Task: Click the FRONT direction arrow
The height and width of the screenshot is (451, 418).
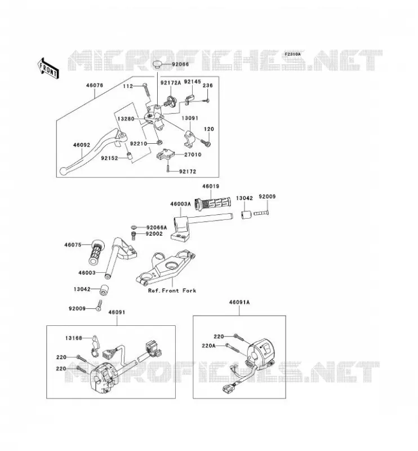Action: click(48, 68)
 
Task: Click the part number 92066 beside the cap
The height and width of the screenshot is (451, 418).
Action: click(180, 64)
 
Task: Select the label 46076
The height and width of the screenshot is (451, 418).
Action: click(94, 86)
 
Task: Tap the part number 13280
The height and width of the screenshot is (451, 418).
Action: click(126, 118)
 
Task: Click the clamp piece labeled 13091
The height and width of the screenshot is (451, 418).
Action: click(190, 139)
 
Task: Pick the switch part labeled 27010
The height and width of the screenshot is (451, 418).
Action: click(166, 154)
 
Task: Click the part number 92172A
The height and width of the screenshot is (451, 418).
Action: click(171, 83)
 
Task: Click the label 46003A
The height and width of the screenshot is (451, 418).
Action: click(180, 204)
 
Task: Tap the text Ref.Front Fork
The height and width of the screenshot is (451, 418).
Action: click(172, 290)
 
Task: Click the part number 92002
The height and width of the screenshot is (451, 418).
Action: click(154, 234)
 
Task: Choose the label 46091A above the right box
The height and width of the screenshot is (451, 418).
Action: click(239, 302)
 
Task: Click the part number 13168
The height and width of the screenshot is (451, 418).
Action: click(74, 338)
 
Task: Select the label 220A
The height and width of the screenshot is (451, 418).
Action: click(208, 346)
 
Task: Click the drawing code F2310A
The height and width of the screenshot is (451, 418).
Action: click(293, 54)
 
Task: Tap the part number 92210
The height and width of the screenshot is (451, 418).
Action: click(138, 144)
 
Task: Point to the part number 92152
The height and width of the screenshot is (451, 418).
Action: click(109, 158)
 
